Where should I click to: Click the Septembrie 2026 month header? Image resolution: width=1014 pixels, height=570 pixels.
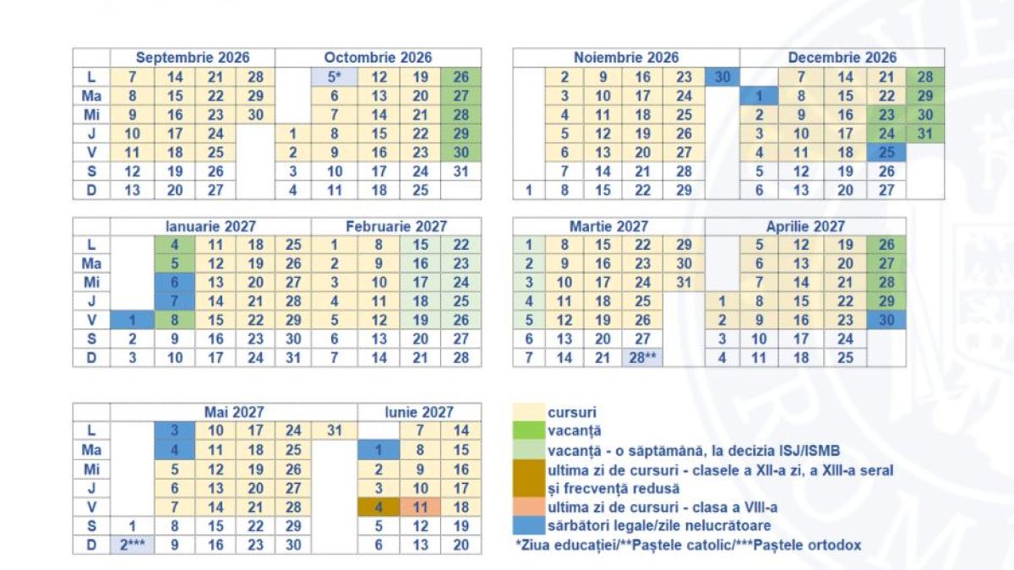pos(193,57)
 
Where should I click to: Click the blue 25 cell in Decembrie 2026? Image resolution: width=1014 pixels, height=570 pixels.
pos(886,152)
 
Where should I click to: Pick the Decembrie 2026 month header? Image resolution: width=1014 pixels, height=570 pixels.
pos(842,57)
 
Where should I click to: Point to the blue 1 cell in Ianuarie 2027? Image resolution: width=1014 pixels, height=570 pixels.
pos(132,320)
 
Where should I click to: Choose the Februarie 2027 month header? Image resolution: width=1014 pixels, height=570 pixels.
pos(396,226)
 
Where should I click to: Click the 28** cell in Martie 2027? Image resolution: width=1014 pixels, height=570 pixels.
pos(645,357)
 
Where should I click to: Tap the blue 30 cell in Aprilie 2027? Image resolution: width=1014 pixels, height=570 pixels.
pos(886,320)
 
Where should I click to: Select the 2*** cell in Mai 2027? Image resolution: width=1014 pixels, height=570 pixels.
pos(132,545)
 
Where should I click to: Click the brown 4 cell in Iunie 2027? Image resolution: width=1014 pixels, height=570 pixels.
pos(379,508)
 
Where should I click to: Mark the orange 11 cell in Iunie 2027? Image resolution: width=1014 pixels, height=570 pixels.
pos(420,508)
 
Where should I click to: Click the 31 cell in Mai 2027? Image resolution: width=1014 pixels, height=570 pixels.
pos(335,431)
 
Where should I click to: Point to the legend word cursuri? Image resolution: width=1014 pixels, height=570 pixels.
pos(572,412)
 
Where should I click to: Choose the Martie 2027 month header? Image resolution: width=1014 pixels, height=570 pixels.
pos(608,226)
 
